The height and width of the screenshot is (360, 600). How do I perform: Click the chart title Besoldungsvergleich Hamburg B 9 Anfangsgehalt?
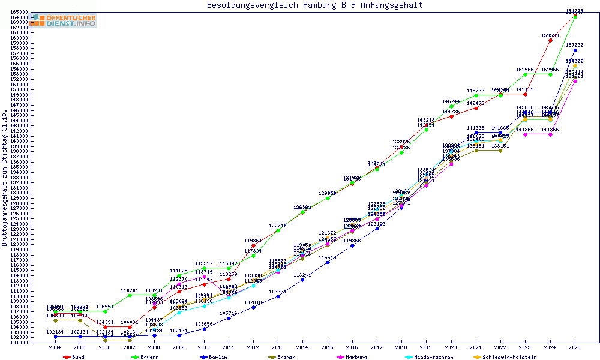click(314, 5)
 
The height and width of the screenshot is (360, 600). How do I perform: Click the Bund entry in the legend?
click(77, 357)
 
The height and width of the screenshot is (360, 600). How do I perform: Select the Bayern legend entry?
click(149, 357)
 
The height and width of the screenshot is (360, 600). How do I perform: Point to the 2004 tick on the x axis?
click(55, 347)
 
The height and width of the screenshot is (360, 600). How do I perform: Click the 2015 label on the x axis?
click(327, 347)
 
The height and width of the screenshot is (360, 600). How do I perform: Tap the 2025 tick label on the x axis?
click(575, 347)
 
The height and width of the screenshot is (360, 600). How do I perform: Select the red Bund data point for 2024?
click(550, 40)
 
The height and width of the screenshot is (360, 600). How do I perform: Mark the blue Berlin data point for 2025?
click(575, 50)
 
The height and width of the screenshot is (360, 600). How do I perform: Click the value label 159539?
click(550, 35)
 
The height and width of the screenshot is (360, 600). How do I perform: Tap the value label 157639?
click(575, 45)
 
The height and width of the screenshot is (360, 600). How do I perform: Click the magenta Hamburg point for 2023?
click(526, 134)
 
